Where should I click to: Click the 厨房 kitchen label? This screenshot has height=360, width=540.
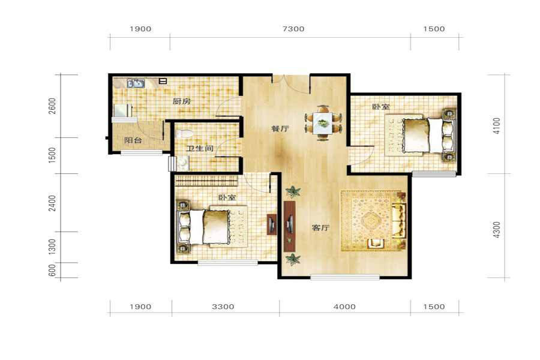pos(181,101)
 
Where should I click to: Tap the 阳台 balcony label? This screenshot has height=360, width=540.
pos(133,140)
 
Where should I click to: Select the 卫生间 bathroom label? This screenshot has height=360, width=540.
pos(200,148)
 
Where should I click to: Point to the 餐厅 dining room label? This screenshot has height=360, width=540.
pos(280,128)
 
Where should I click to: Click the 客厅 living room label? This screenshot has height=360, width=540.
pos(320,228)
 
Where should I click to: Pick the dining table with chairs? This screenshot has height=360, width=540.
pos(323,123)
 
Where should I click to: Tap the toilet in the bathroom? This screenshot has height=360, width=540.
pos(184,133)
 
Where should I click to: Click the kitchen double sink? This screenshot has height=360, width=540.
pos(136,83)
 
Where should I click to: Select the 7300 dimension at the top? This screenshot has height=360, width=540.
pos(293,29)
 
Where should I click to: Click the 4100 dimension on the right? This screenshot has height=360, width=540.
pos(496,126)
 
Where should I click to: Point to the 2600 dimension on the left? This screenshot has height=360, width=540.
pos(52,106)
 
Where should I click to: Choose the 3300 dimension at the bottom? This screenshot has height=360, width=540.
pos(223,307)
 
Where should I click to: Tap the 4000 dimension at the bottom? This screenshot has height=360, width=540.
pos(344,307)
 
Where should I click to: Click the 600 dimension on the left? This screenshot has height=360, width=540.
pos(52,270)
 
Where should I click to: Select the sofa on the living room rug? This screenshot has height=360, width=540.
pos(399,220)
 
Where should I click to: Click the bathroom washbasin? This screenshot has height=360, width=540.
pos(183,163)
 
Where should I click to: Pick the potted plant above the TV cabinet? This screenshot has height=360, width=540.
pos(293,191)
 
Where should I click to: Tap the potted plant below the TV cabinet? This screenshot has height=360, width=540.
pos(293,259)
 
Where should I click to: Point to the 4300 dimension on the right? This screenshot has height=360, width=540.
pos(496,230)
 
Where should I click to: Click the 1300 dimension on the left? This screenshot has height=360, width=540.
pos(52,247)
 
